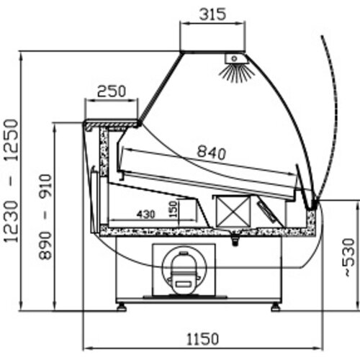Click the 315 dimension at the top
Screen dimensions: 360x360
click(x=212, y=14)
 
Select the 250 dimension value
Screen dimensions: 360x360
click(x=112, y=91)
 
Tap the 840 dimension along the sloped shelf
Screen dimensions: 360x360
click(x=212, y=153)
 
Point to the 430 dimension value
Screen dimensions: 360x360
click(x=146, y=214)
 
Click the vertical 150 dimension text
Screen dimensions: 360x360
click(x=174, y=210)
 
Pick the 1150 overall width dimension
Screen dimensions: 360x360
click(x=202, y=339)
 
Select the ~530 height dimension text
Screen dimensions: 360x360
click(x=349, y=258)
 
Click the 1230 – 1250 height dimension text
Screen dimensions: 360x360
click(x=11, y=181)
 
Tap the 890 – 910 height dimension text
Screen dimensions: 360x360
click(x=45, y=217)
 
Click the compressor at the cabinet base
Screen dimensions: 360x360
click(x=184, y=273)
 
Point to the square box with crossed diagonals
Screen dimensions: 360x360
click(x=233, y=211)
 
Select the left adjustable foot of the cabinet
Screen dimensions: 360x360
click(x=122, y=307)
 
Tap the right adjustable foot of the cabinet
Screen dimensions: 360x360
click(x=275, y=307)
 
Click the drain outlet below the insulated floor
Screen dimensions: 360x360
click(x=235, y=240)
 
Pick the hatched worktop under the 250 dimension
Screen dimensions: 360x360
click(x=112, y=125)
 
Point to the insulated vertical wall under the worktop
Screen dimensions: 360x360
click(x=104, y=152)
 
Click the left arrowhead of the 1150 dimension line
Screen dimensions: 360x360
click(x=87, y=348)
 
